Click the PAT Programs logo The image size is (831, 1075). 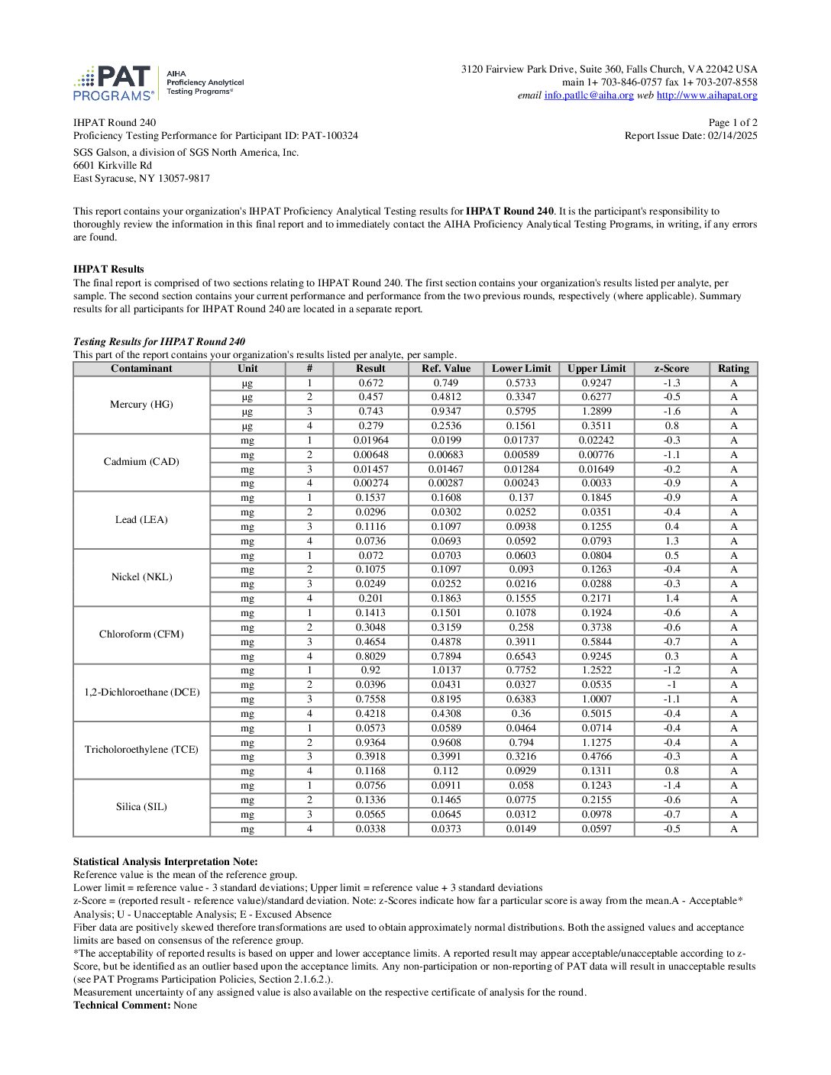(x=115, y=83)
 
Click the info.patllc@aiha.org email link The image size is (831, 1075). (x=589, y=95)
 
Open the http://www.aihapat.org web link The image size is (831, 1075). (x=707, y=95)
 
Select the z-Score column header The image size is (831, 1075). (x=671, y=369)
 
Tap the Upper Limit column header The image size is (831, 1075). (x=597, y=369)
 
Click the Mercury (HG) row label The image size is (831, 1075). (x=141, y=405)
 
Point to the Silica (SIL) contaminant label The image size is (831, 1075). (x=141, y=807)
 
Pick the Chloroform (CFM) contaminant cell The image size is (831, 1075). (x=141, y=634)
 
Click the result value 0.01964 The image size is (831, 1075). (x=370, y=441)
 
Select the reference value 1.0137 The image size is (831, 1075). (x=446, y=670)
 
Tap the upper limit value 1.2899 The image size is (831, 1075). (x=597, y=412)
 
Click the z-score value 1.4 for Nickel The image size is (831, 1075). (x=671, y=599)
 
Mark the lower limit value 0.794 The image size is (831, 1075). (x=521, y=742)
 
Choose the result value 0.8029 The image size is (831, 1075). (x=370, y=656)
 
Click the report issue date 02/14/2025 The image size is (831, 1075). (x=732, y=136)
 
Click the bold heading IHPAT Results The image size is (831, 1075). (x=108, y=270)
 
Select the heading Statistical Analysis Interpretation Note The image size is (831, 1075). (x=165, y=862)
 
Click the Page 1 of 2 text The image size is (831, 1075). (x=732, y=123)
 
